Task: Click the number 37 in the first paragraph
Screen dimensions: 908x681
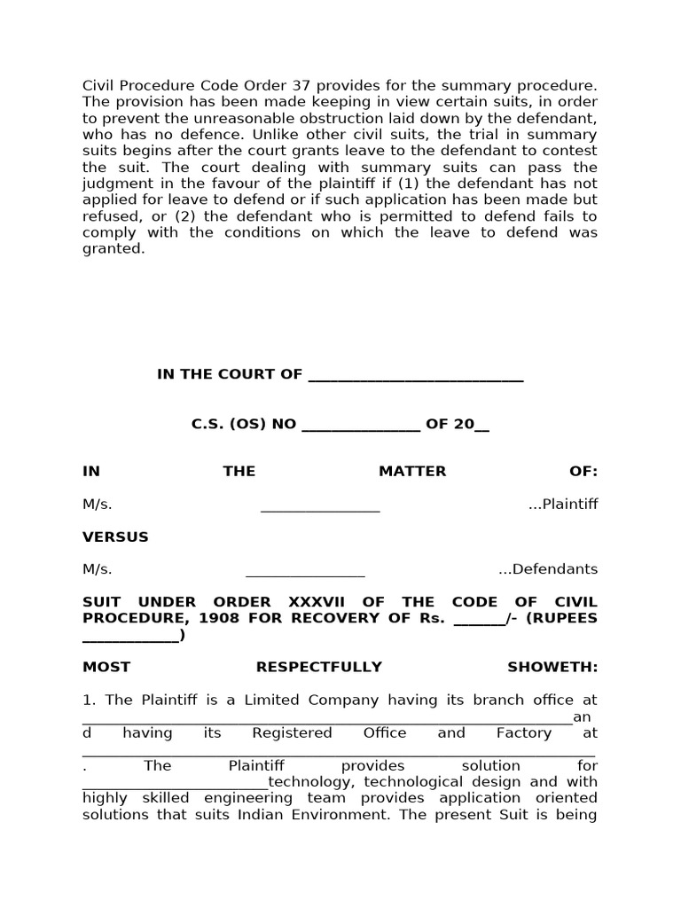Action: [299, 85]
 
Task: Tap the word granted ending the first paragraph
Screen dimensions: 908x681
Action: [113, 249]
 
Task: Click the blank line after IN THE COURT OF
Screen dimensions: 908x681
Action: [415, 375]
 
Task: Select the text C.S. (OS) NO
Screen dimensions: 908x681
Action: [244, 425]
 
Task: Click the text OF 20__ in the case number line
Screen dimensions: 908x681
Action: [457, 425]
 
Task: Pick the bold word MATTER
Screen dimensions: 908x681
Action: [412, 472]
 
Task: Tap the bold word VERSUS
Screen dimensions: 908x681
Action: [115, 537]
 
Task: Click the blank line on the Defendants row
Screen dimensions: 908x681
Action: [305, 571]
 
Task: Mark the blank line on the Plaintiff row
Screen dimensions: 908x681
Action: [320, 506]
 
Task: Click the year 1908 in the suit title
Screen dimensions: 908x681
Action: [218, 618]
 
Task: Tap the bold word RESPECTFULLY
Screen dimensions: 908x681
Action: [319, 667]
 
